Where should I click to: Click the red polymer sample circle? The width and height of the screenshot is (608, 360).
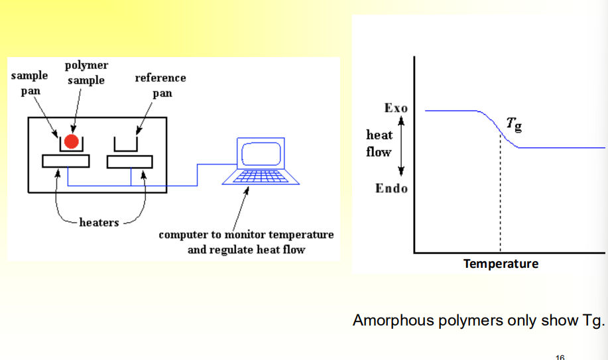[72, 141]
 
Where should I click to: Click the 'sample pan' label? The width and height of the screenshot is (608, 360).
[30, 83]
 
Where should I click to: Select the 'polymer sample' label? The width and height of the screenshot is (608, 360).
[86, 73]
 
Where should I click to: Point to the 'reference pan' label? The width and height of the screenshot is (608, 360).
[160, 85]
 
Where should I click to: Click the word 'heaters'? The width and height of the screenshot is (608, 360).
[99, 222]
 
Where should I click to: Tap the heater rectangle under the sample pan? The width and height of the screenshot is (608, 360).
[66, 161]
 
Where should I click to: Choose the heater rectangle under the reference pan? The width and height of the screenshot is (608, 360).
[130, 161]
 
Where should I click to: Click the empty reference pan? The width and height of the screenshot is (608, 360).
[125, 144]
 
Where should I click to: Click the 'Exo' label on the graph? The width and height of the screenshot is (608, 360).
[396, 108]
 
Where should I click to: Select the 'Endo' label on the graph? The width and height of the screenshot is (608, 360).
[391, 188]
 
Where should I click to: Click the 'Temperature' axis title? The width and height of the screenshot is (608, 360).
[501, 264]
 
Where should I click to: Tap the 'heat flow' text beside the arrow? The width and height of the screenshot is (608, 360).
[379, 143]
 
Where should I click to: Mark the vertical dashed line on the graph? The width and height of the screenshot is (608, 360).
[501, 199]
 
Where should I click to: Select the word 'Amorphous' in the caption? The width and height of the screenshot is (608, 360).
[393, 321]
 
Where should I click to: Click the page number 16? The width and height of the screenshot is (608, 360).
[560, 357]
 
